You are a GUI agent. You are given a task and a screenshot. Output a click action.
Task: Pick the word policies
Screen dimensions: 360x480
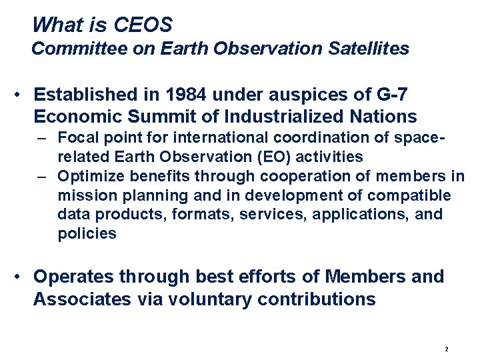87,234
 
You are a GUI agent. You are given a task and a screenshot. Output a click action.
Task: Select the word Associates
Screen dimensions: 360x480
82,299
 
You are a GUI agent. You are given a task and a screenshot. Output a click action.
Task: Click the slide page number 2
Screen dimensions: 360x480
446,349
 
